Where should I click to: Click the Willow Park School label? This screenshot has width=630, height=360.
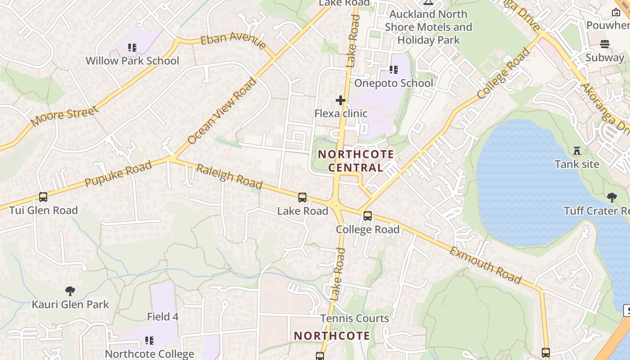click(x=132, y=61)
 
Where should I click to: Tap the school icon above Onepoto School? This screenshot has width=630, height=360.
click(x=394, y=70)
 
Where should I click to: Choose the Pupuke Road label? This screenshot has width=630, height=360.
click(x=118, y=175)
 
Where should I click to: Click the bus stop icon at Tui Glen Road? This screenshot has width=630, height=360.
click(x=43, y=197)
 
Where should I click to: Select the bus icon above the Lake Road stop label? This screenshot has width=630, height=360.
click(x=302, y=198)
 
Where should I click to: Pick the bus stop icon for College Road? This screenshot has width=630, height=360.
click(x=368, y=216)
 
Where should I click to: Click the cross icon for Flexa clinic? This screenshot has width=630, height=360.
click(x=341, y=100)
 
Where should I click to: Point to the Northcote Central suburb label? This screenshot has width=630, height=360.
click(x=356, y=161)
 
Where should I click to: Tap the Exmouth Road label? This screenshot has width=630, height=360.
click(x=486, y=265)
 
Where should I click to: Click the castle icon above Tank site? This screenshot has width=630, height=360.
click(x=577, y=151)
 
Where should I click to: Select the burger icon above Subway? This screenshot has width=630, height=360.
click(x=605, y=44)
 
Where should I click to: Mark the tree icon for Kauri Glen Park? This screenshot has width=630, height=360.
click(x=70, y=291)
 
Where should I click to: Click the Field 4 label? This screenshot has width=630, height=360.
click(x=163, y=317)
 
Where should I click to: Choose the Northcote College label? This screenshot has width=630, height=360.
click(x=149, y=354)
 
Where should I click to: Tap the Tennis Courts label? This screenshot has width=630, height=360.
click(x=355, y=319)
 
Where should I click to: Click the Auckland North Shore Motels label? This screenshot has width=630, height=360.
click(x=428, y=27)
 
